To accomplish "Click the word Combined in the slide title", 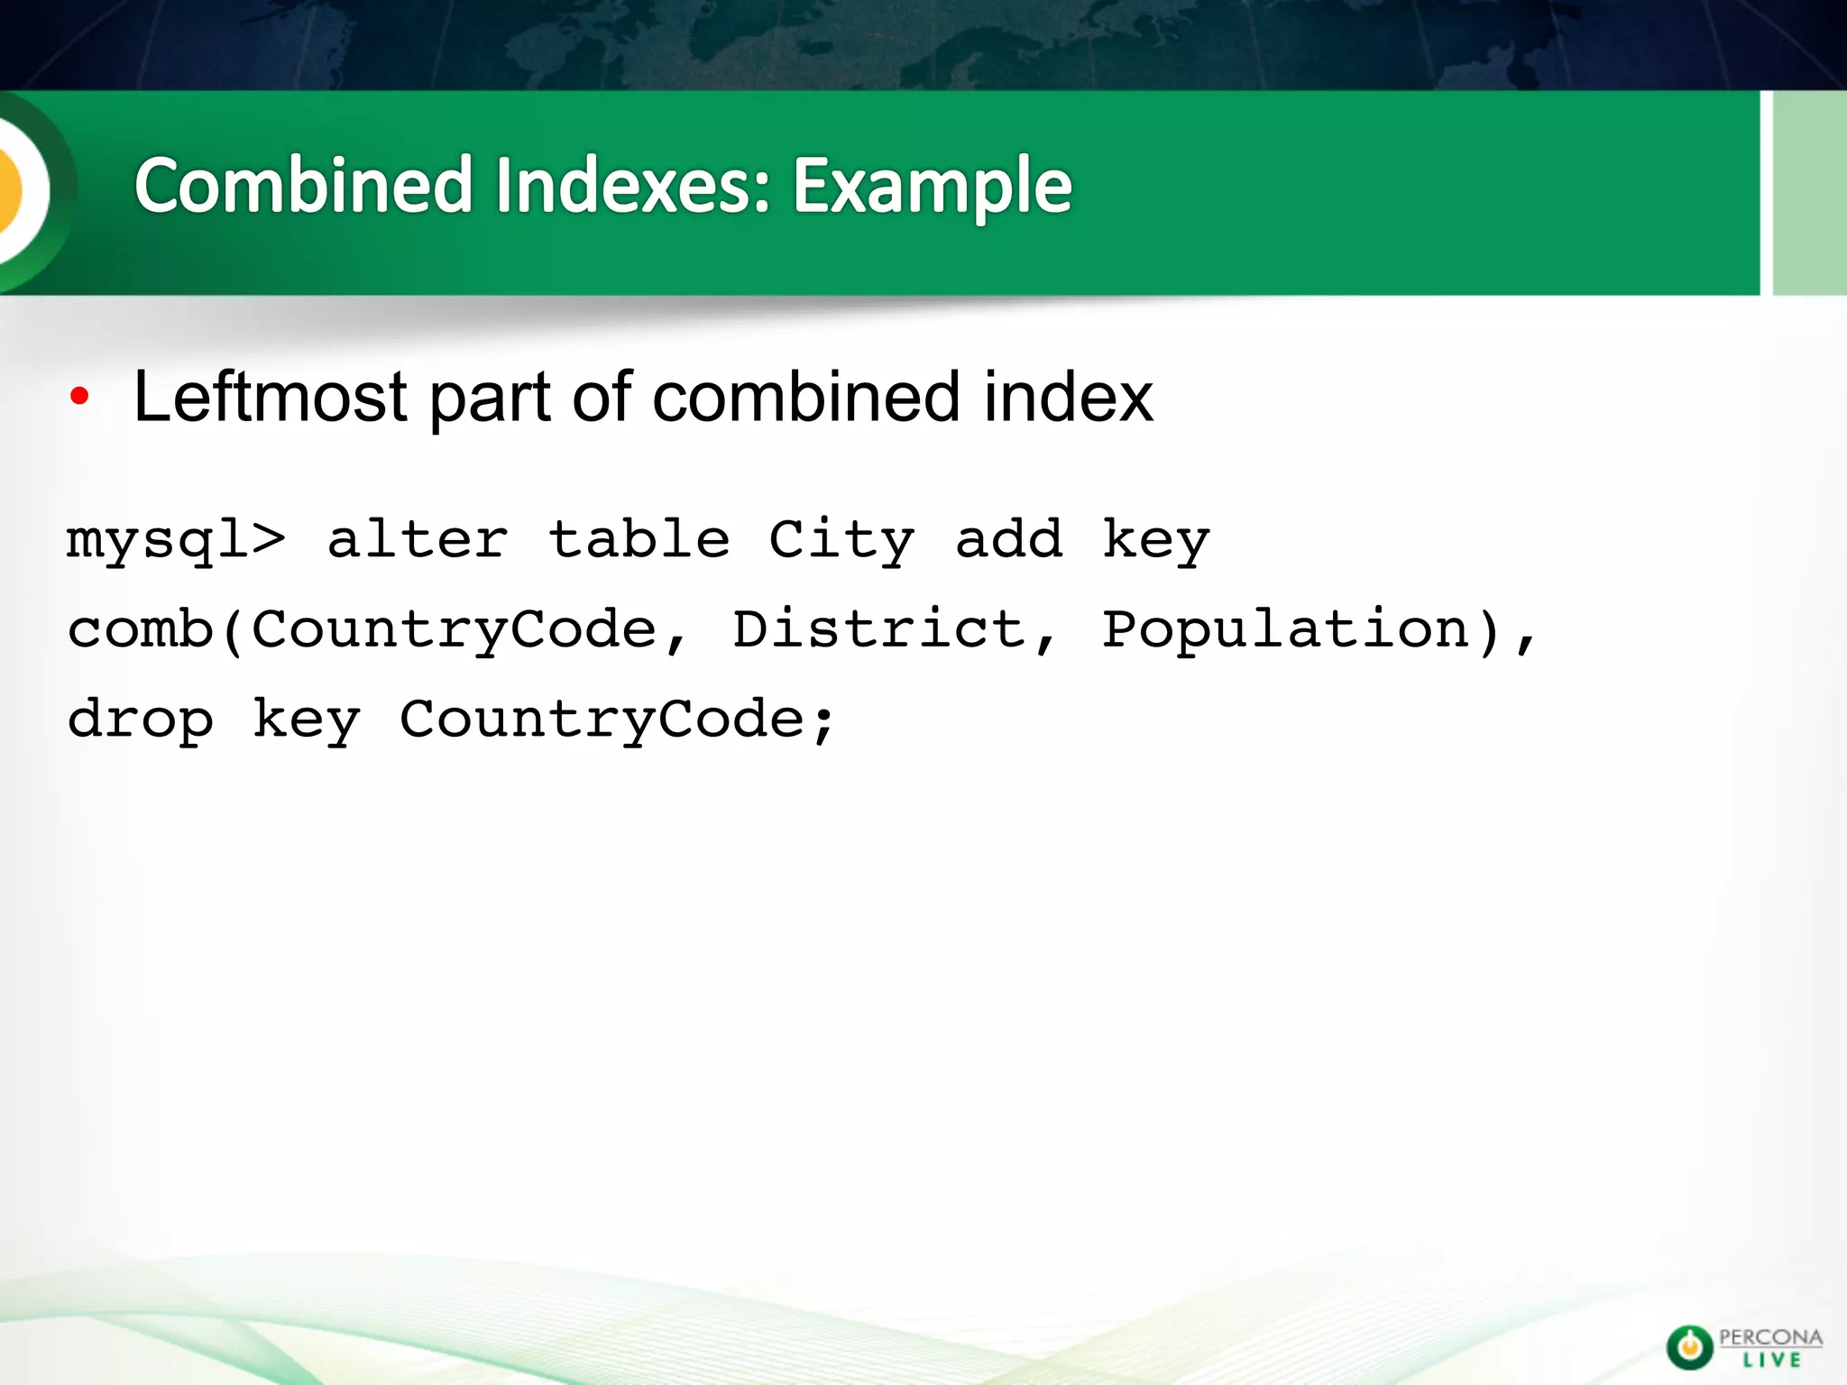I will click(x=304, y=186).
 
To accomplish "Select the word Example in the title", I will click(x=932, y=186).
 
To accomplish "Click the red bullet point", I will click(x=79, y=396).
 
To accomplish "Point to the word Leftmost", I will click(x=271, y=397).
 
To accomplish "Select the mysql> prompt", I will click(x=176, y=540).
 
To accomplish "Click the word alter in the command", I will click(x=418, y=540).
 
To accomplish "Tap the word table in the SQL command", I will click(x=639, y=540).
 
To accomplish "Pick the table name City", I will click(x=841, y=540).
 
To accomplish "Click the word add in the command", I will click(x=1008, y=540).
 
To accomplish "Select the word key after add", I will click(x=1156, y=540).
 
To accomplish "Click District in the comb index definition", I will click(x=879, y=629).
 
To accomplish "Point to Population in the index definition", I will click(x=1287, y=629).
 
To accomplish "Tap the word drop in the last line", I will click(x=141, y=720).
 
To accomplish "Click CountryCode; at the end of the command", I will click(x=618, y=720).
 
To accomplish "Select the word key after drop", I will click(x=307, y=720).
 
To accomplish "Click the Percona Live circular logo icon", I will click(x=1689, y=1347).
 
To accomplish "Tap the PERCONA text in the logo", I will click(x=1770, y=1337).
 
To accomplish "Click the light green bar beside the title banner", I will click(x=1809, y=193).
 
